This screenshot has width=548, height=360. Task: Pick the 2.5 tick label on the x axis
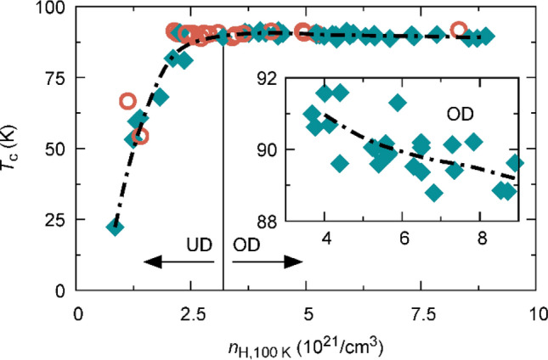193,312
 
